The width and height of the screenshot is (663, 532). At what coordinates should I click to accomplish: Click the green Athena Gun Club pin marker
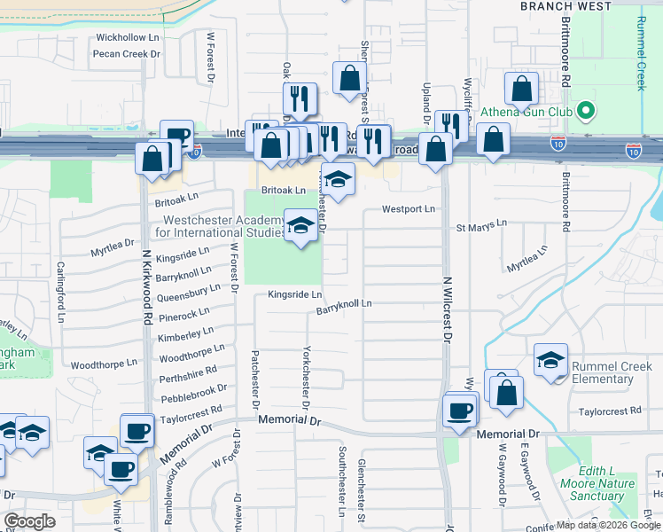pyautogui.click(x=585, y=113)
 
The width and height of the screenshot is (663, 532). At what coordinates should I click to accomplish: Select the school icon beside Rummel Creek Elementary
pyautogui.click(x=550, y=360)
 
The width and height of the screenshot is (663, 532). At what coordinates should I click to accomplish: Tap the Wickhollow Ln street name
pyautogui.click(x=127, y=37)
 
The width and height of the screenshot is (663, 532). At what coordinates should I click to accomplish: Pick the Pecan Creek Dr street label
pyautogui.click(x=126, y=53)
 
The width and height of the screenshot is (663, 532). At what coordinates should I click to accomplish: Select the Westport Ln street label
pyautogui.click(x=409, y=209)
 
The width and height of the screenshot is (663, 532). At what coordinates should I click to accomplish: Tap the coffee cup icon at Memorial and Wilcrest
pyautogui.click(x=460, y=411)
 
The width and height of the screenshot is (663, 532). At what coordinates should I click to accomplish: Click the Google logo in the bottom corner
pyautogui.click(x=28, y=520)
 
